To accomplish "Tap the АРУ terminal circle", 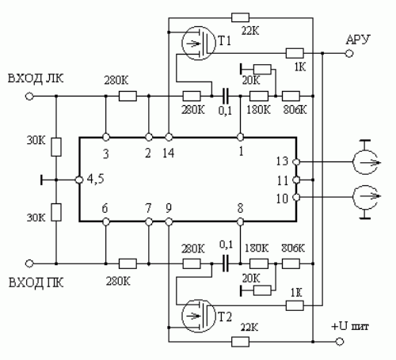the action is [349, 54].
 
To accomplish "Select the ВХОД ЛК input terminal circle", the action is [29, 97].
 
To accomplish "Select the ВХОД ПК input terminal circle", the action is [29, 263].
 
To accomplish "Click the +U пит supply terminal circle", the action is [340, 342].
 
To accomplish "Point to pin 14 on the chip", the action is [169, 137].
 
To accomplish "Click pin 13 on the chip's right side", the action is [296, 161].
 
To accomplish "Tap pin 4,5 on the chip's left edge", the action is [79, 180].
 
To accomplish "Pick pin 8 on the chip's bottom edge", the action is [240, 222].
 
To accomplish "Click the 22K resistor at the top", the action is [240, 17].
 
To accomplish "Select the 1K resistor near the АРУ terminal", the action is [295, 53].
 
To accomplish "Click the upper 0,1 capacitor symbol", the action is [226, 97].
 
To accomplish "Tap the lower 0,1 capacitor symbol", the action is [226, 263].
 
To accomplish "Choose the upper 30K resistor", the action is [56, 147].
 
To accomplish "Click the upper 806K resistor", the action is [291, 97].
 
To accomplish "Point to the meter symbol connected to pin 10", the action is [365, 197].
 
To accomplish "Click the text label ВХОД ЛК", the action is [36, 78].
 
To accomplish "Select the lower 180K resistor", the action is [259, 263].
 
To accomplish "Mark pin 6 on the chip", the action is [106, 222].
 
